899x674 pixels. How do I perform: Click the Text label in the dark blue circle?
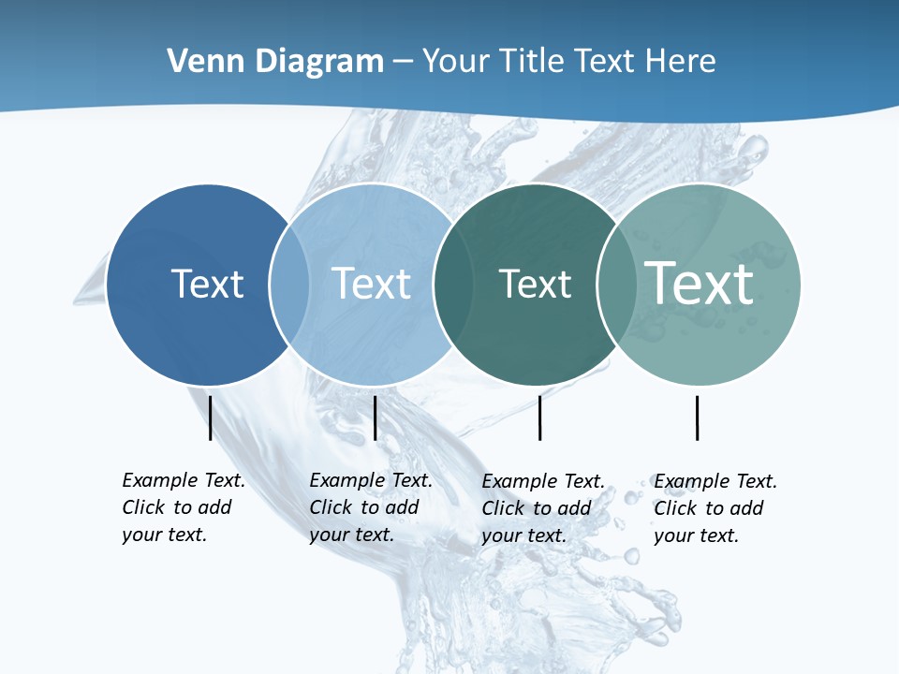click(x=207, y=284)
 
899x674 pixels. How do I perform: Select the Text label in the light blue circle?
click(x=372, y=284)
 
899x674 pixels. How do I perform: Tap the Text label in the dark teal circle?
click(x=535, y=284)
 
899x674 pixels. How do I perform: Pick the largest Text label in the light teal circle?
click(x=700, y=283)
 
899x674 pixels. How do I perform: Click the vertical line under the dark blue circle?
click(x=210, y=418)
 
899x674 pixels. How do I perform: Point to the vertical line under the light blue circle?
click(x=375, y=418)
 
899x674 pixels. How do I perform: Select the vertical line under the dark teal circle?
click(x=539, y=418)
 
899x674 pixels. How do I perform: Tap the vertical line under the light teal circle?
click(x=697, y=418)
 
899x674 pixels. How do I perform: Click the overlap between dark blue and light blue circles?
click(x=289, y=285)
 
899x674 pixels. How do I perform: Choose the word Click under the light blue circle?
click(x=331, y=507)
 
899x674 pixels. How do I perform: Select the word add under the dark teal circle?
click(x=573, y=508)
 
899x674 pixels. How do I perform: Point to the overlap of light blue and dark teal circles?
click(x=449, y=285)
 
